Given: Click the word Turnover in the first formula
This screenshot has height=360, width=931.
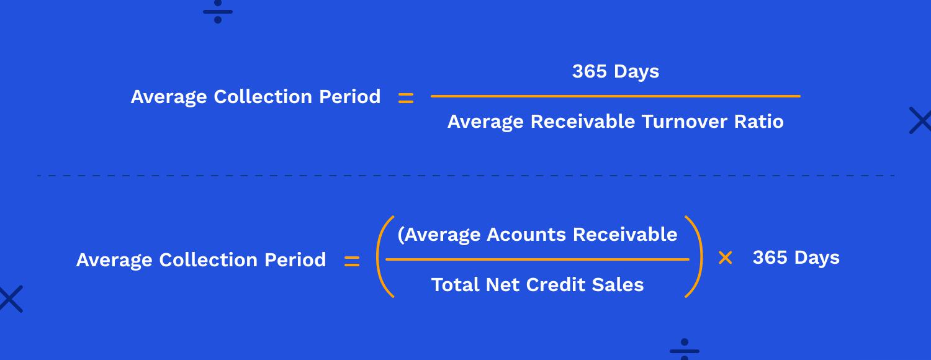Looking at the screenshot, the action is point(684,122).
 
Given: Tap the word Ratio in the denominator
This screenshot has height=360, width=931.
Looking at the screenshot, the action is point(759,122).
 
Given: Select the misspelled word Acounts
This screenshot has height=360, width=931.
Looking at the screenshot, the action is point(526,235).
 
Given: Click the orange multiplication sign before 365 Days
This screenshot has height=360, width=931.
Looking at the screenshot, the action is point(726,258).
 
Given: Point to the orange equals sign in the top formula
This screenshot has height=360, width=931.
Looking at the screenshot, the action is point(406,98).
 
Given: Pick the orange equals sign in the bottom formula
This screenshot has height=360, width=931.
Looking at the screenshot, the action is point(352,261).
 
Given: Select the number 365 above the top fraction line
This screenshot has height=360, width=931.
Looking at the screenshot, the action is point(590,71).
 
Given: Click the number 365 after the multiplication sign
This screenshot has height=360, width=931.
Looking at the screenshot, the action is point(770,258).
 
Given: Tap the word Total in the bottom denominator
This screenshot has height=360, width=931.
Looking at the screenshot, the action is point(455,285).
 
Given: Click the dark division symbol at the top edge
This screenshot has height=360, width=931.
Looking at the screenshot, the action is point(218,12).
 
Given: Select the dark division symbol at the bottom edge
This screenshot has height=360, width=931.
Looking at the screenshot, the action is point(685,349).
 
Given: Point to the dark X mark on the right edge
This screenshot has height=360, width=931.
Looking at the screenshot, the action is point(920,120).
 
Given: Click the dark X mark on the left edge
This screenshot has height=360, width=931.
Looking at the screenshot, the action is point(11,299).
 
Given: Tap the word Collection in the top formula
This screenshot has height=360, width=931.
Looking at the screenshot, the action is point(263,97).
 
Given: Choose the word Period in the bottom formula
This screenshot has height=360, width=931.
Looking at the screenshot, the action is point(295,260).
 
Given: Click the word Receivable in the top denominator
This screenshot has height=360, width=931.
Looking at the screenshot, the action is point(583,122).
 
